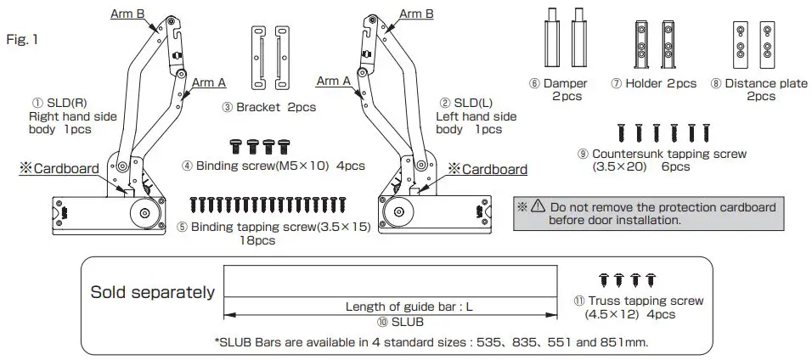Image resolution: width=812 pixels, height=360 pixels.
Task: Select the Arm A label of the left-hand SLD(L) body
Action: (333, 82)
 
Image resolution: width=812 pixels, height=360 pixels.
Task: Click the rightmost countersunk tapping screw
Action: (705, 132)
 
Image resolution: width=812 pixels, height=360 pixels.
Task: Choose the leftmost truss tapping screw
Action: (604, 279)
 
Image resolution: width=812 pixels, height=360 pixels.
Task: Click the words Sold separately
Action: (152, 292)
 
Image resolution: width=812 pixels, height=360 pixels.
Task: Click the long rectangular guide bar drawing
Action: (390, 279)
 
